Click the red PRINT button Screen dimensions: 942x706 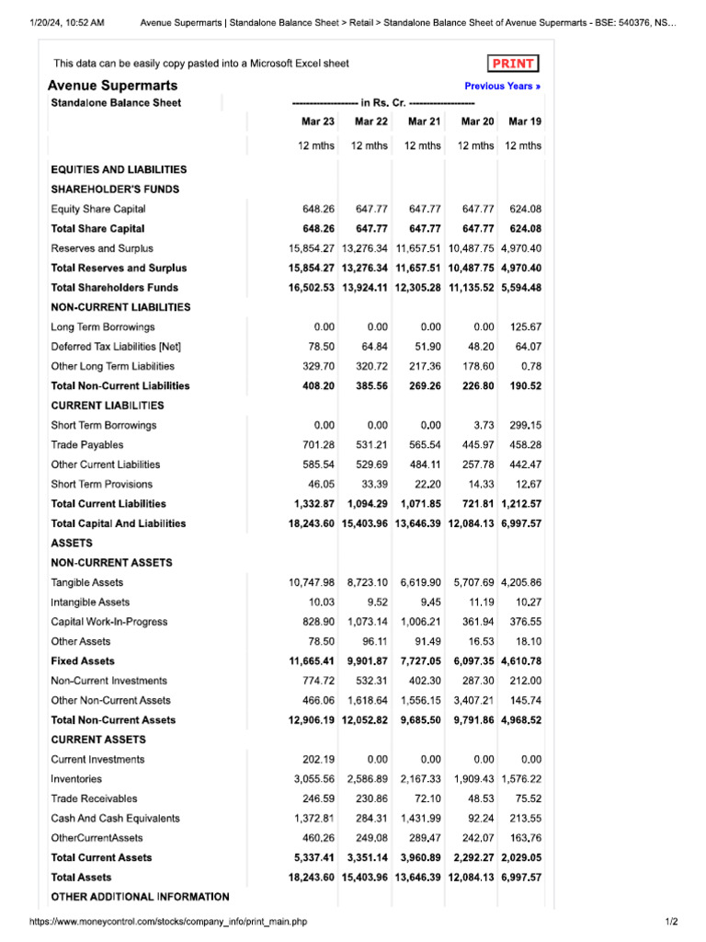(x=513, y=63)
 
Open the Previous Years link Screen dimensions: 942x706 (x=502, y=86)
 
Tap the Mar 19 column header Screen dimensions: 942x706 (x=524, y=121)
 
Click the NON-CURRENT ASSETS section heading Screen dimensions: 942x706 (x=111, y=563)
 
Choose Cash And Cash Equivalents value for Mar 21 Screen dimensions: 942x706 (x=424, y=819)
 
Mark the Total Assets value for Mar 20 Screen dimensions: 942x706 (x=472, y=878)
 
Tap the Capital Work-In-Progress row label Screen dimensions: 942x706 (x=108, y=622)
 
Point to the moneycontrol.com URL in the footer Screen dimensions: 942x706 (x=167, y=922)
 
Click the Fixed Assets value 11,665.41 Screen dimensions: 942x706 (x=312, y=661)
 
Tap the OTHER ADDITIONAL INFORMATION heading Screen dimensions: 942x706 (x=140, y=897)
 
